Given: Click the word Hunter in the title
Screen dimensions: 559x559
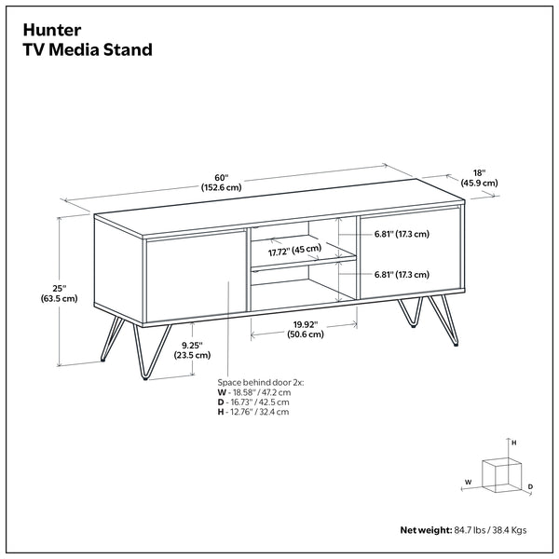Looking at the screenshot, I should point(55,28).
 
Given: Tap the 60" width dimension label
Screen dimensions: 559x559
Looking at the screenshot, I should point(222,181).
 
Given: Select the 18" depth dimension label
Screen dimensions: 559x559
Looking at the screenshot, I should point(478,177).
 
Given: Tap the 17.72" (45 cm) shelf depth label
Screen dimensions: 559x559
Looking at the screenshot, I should point(293,250).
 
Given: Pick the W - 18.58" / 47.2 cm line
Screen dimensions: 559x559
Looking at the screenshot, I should point(254,392).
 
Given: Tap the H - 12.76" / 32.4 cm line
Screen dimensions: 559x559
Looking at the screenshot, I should point(253,412).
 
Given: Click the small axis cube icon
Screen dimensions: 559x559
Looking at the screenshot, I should point(501,474).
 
